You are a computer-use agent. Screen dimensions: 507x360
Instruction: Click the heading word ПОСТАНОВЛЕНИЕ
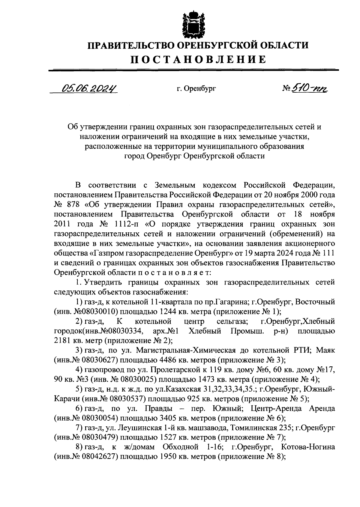198,59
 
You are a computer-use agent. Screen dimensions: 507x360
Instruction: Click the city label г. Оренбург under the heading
196,89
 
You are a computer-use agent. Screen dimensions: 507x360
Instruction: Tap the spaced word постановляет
175,273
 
